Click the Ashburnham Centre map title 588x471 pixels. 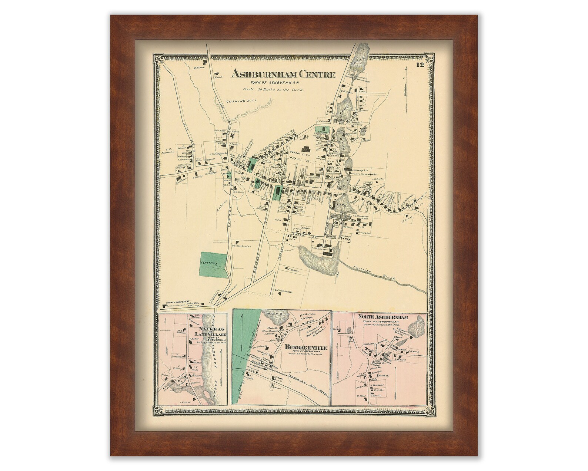tap(283, 74)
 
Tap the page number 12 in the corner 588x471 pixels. tap(420, 66)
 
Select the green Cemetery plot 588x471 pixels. tap(214, 264)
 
